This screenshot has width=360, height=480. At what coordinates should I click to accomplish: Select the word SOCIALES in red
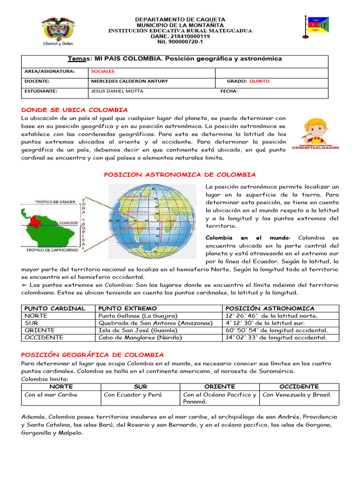103,72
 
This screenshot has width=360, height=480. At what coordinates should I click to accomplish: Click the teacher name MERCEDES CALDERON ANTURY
129,81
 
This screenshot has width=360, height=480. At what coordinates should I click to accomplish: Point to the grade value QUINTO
259,81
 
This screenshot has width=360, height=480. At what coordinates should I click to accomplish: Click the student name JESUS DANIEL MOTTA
117,91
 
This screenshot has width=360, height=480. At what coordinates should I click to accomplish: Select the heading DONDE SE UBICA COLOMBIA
75,110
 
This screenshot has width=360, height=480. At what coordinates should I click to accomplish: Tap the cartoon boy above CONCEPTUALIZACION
315,132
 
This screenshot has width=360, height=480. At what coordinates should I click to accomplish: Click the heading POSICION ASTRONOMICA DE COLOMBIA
180,175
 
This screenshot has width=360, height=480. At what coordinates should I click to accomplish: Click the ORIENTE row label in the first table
38,330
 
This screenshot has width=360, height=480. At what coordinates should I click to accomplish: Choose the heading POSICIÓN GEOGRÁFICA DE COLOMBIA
93,355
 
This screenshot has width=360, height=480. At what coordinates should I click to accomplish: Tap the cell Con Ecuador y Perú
133,395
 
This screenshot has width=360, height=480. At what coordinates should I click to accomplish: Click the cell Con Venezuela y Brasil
297,395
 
